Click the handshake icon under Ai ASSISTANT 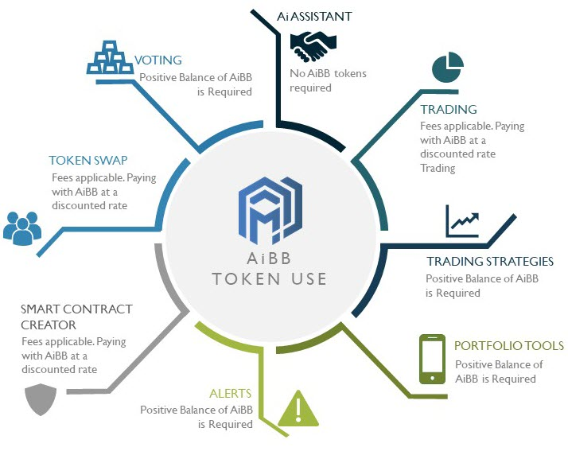313,46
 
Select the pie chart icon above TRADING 448,67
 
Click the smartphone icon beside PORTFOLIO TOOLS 432,359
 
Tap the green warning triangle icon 298,408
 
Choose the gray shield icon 41,399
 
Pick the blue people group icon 22,228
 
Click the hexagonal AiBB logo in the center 270,210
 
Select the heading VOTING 158,60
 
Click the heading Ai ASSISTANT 314,16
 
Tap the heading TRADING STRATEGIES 490,261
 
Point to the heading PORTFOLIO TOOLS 509,345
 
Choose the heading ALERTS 231,394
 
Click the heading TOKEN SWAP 88,160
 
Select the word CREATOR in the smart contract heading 49,325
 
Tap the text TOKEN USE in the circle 270,279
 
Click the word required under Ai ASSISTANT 310,88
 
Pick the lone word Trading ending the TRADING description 438,168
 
